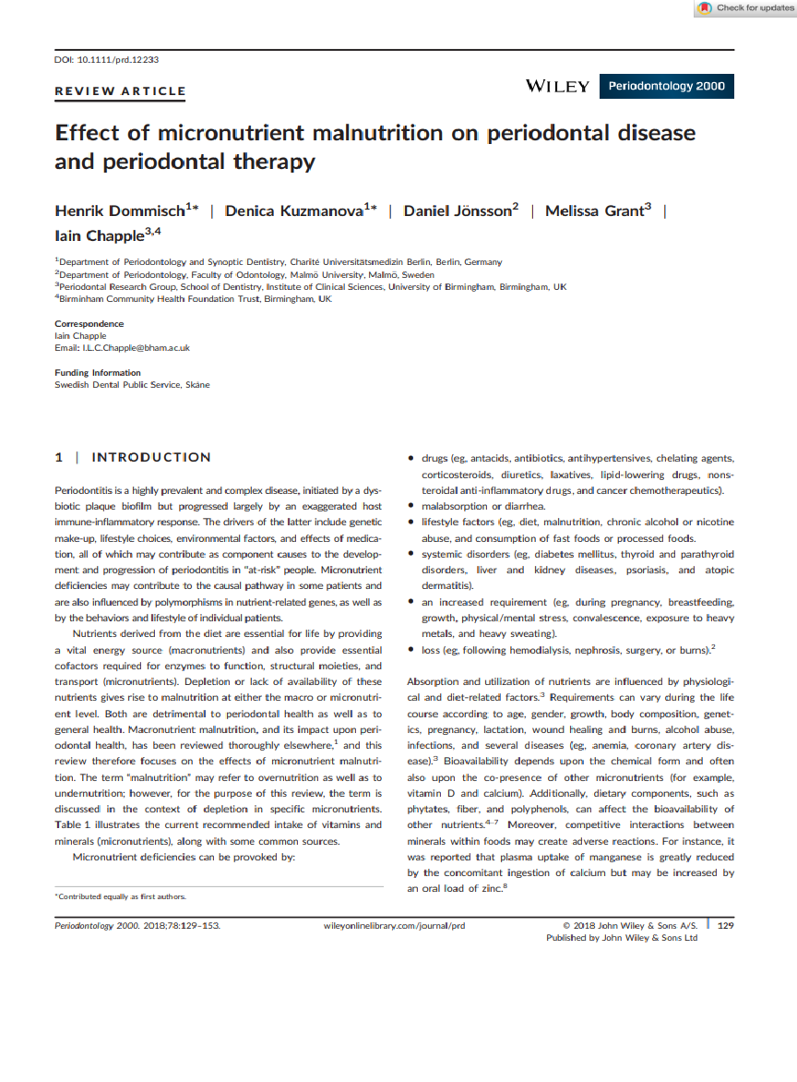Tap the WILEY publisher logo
[557, 87]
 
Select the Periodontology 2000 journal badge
[666, 87]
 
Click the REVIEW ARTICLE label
[120, 91]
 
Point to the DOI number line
[107, 59]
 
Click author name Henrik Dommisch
[122, 211]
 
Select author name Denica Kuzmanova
[296, 211]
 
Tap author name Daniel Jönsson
[457, 211]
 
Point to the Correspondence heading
[89, 324]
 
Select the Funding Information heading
[98, 373]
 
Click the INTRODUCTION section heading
[151, 457]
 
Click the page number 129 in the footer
[725, 925]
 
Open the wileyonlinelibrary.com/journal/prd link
[395, 925]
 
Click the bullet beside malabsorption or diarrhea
[411, 506]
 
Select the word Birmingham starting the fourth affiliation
[88, 299]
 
